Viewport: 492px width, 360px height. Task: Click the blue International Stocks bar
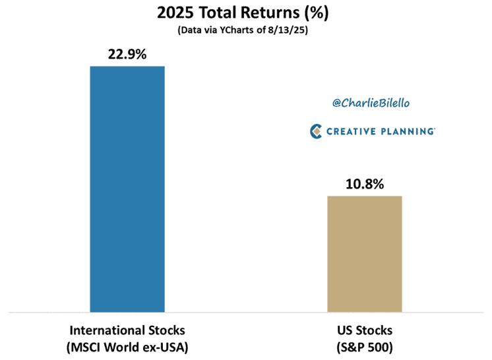point(127,189)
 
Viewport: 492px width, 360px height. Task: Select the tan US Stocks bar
point(364,254)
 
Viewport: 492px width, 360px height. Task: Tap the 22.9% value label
point(127,54)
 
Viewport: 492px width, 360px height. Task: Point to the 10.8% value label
point(365,184)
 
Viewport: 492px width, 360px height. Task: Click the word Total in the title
point(217,13)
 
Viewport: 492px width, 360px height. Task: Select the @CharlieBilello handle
point(371,103)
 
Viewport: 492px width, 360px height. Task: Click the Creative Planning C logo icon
point(316,131)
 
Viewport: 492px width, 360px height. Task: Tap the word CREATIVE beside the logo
point(351,131)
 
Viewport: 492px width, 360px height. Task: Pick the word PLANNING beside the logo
point(408,131)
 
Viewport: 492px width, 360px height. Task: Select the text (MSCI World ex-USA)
point(127,347)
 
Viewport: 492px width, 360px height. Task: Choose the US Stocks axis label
point(365,330)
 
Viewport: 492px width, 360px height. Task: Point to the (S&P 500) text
point(365,347)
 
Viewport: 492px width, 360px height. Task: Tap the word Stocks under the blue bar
point(167,330)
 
